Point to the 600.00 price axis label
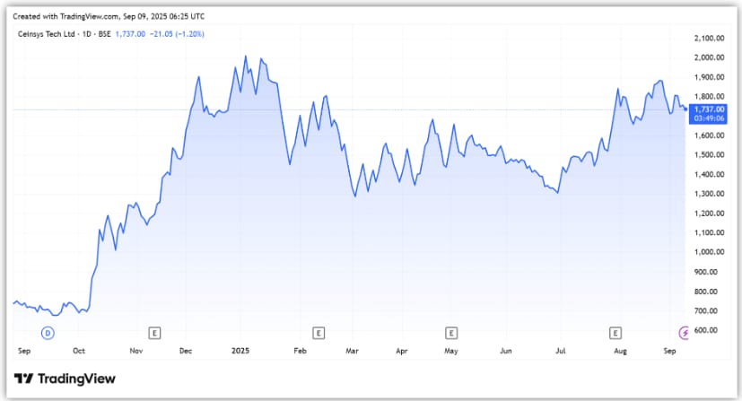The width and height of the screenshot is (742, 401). click(711, 330)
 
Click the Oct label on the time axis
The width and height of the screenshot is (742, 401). click(79, 353)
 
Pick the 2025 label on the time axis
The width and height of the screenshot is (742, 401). click(240, 353)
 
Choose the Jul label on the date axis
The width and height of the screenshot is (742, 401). click(561, 353)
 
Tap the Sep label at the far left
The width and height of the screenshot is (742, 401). click(23, 353)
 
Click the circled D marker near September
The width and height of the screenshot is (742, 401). click(48, 333)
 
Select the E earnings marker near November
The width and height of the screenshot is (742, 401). click(154, 333)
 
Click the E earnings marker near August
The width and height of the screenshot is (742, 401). click(615, 333)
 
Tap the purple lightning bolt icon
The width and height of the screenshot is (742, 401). click(686, 333)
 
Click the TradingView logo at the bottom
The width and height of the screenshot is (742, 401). click(65, 379)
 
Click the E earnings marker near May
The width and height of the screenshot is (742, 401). click(451, 333)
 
